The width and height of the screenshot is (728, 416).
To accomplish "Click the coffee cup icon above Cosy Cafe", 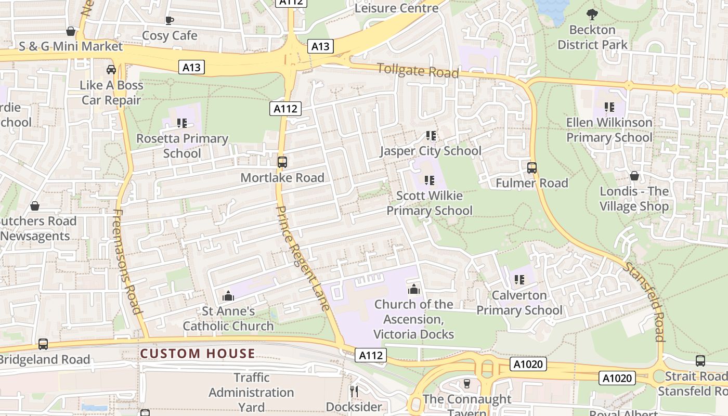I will pos(169,20).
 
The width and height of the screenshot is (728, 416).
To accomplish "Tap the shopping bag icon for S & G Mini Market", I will pos(71,32).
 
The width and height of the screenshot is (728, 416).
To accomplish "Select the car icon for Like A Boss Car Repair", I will pos(111,69).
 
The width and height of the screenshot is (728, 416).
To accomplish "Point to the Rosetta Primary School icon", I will pos(181,123).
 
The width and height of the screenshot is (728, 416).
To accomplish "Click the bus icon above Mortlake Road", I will pos(282,162).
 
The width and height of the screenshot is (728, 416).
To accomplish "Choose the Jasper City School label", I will pos(431,151).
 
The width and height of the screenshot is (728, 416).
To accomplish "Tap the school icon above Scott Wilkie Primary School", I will pos(429,180).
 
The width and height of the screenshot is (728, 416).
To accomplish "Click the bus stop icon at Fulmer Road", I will pos(531,168).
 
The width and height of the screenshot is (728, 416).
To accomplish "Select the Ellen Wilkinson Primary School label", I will pos(609,130).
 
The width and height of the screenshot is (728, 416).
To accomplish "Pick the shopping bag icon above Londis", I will pos(634,176).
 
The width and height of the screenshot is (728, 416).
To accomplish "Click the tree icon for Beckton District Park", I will pos(592,14).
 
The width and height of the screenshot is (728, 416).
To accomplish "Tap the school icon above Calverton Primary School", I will pos(519,280).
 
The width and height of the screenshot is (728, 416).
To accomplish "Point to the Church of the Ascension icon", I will pos(414,289).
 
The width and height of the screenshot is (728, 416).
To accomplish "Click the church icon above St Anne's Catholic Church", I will pos(228,296).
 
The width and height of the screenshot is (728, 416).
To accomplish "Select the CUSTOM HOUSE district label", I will pos(198,354).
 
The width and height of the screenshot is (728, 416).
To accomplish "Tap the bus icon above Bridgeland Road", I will pos(43,344).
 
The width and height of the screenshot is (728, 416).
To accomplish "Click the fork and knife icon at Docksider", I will pos(354,391).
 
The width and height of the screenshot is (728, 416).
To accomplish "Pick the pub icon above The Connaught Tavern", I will pos(466,384).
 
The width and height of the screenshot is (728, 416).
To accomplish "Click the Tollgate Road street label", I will pos(418,70).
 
